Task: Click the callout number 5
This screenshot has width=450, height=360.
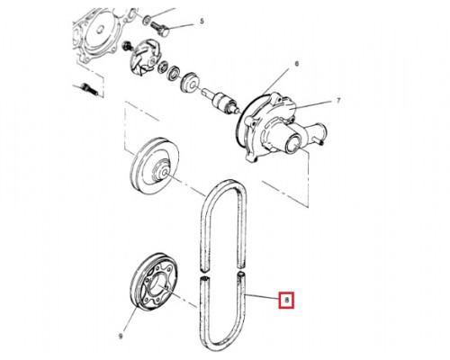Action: [202, 21]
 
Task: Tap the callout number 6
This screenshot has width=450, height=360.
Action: [297, 64]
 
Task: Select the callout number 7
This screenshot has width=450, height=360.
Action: [338, 100]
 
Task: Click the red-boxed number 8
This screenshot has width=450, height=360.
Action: [286, 300]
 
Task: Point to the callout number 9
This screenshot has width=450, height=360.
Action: [121, 336]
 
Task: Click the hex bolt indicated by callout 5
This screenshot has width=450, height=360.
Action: [159, 28]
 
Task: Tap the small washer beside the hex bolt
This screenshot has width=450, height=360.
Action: [147, 21]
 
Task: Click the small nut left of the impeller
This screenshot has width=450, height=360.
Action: [128, 46]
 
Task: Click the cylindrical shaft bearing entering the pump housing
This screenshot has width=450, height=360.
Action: [223, 101]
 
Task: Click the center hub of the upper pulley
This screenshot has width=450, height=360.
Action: [162, 171]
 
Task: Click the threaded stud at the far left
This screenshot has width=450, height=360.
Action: [89, 89]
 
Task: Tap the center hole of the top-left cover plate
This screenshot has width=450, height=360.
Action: [101, 30]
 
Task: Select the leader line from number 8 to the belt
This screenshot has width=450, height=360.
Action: [262, 298]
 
